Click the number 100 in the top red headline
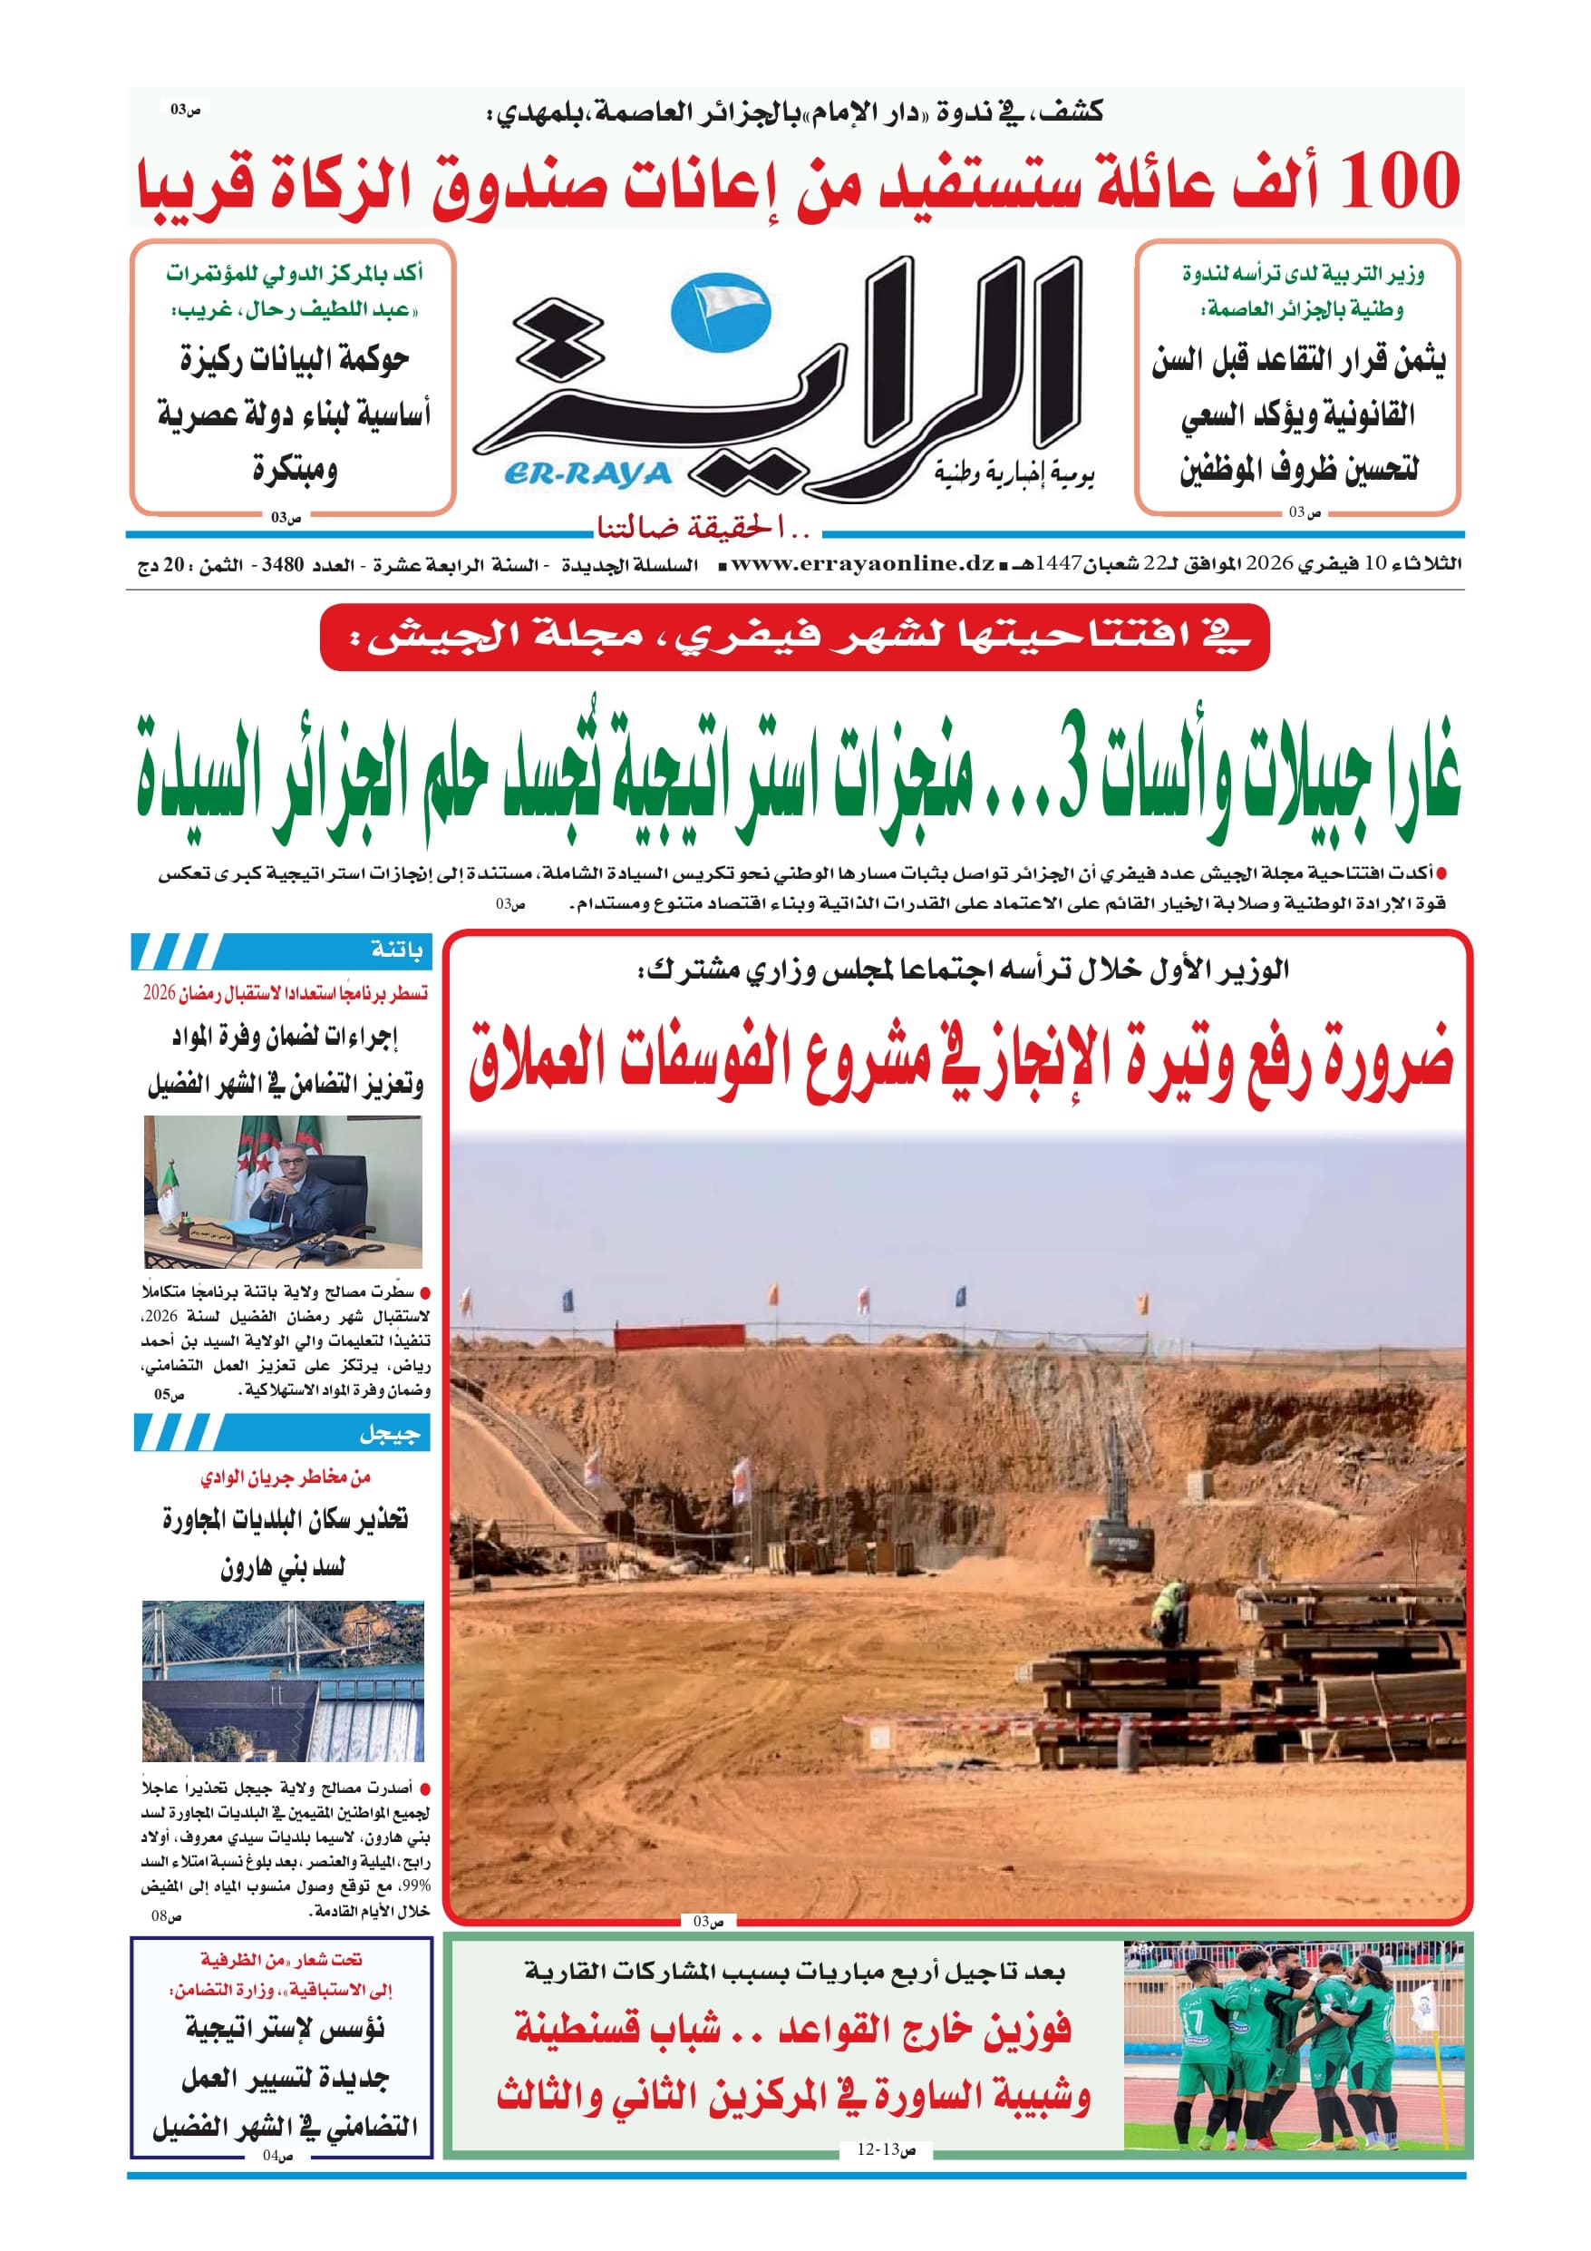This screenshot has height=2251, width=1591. [x=1399, y=182]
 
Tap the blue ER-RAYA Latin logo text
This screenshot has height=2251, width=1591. [x=587, y=475]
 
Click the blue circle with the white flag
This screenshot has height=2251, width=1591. [x=721, y=313]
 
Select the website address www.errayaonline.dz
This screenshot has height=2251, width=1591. [x=863, y=564]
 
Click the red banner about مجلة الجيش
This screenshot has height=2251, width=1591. [x=794, y=638]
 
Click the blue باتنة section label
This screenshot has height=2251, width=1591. [x=397, y=950]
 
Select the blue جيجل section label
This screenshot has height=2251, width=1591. [x=389, y=1433]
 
